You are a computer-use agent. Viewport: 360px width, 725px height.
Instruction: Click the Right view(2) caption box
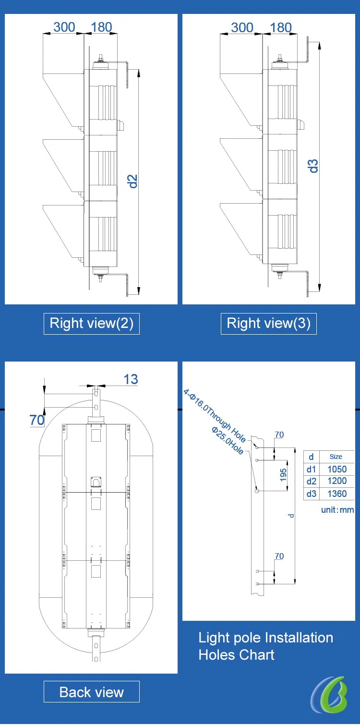[92, 324]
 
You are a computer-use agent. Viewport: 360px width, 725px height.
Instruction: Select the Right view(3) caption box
[268, 324]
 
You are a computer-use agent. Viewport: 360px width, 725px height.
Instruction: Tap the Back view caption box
[92, 692]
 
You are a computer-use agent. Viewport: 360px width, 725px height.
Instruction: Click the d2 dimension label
[132, 181]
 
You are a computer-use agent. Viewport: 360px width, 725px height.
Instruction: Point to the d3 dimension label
[313, 166]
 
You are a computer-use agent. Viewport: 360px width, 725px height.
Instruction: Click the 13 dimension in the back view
[131, 379]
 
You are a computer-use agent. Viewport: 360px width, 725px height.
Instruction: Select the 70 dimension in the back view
[37, 420]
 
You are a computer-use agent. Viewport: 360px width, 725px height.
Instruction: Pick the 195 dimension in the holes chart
[283, 475]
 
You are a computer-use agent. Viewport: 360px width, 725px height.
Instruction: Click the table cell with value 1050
[337, 469]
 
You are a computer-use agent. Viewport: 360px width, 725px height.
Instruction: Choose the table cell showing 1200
[337, 481]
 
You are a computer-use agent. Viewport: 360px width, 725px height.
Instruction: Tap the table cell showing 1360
[337, 494]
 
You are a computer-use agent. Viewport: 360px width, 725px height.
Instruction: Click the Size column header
[336, 457]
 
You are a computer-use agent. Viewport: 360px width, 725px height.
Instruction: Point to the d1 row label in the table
[311, 469]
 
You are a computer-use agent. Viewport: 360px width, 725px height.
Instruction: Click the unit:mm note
[337, 510]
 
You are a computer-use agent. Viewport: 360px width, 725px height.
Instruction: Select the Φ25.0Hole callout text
[228, 440]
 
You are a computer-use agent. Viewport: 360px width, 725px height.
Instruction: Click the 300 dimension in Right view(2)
[64, 27]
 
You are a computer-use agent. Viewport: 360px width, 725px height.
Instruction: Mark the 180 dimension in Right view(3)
[281, 27]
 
